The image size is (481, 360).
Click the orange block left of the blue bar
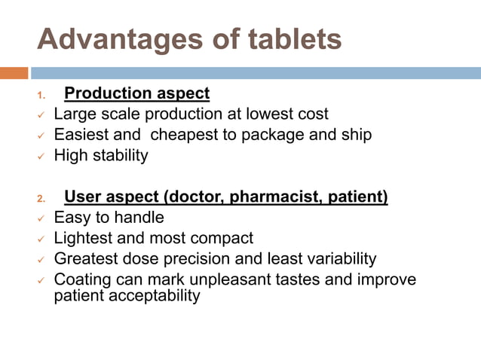(x=14, y=73)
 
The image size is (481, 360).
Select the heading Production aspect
(x=137, y=94)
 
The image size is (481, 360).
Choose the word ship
(x=357, y=136)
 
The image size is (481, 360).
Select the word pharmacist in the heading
(x=271, y=198)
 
